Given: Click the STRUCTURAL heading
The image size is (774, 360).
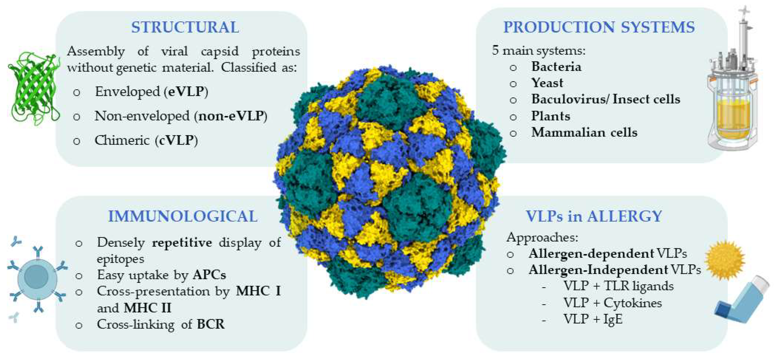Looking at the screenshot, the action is click(x=185, y=27).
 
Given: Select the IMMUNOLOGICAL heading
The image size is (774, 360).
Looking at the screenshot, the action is click(x=183, y=216).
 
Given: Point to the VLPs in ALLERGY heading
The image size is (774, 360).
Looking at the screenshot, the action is click(x=594, y=216).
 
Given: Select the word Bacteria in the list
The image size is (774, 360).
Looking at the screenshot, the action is click(x=556, y=66).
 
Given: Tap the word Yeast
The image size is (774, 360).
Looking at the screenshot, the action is click(x=547, y=83).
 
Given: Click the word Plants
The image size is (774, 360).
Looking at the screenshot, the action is click(x=550, y=116).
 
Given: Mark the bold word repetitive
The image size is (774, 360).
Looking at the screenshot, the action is click(x=182, y=242).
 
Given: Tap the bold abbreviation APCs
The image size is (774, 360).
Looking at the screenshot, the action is click(x=209, y=275).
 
